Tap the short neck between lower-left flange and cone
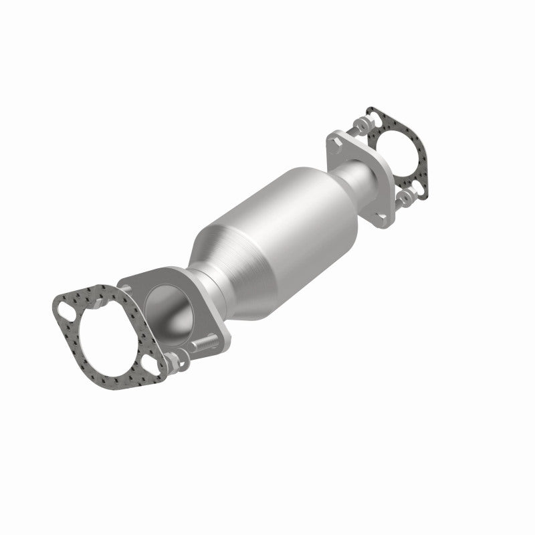pos(213,288)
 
